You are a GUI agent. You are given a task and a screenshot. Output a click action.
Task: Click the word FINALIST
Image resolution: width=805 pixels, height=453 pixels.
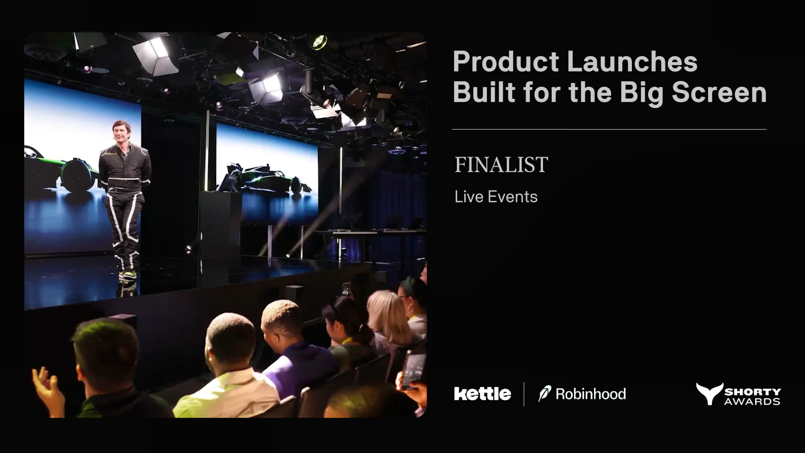click(501, 165)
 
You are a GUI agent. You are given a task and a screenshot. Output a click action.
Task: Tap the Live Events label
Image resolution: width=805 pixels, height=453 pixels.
click(496, 197)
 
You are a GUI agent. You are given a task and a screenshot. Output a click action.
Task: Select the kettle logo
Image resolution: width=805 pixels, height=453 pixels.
click(483, 393)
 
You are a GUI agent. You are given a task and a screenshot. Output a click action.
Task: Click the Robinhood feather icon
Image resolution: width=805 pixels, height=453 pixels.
click(545, 393)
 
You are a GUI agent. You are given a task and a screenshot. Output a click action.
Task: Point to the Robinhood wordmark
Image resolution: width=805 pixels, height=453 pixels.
click(590, 394)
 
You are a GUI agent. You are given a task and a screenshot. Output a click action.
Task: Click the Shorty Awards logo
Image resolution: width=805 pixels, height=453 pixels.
click(738, 394)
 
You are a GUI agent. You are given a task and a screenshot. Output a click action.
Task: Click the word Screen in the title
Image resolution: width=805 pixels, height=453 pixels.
click(719, 93)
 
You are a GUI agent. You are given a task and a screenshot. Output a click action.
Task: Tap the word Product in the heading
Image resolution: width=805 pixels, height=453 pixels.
click(506, 62)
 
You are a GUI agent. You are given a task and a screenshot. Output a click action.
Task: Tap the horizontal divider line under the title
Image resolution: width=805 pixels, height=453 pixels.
click(609, 129)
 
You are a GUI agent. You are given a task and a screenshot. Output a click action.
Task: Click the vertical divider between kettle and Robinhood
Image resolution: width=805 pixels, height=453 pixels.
click(524, 394)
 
